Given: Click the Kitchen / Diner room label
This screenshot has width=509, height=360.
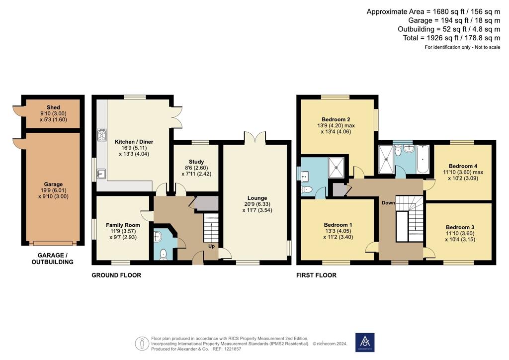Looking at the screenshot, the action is point(134,142).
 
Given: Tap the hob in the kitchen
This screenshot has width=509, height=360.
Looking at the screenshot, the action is point(101,135).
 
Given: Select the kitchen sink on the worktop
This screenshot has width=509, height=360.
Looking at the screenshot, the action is point(101,174).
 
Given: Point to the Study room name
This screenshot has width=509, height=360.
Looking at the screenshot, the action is point(196,162).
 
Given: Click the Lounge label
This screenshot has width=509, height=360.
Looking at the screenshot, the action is point(257,198).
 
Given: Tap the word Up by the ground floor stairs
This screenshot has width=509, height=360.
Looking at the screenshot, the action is point(211,246).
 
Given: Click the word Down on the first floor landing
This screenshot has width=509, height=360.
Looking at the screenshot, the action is point(388,203).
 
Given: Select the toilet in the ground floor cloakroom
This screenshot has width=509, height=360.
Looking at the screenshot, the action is point(163,254).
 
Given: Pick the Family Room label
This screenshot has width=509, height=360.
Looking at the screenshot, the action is point(123,225).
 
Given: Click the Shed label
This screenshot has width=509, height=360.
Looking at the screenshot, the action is point(53,107).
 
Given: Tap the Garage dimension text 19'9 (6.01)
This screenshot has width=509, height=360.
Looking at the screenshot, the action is point(53,190).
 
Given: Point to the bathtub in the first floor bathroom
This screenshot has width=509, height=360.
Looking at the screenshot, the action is point(423,159).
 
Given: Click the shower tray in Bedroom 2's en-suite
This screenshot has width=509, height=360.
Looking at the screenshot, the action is point(336,168).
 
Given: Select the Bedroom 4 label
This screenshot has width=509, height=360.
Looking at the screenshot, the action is point(463,166).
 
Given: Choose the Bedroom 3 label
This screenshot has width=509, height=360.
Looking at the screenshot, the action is point(460,228).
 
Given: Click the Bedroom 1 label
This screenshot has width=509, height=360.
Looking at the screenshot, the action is point(338,225).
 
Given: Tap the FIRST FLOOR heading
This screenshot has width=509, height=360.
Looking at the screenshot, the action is point(316,275).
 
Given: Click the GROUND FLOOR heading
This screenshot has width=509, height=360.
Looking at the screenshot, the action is point(116,275).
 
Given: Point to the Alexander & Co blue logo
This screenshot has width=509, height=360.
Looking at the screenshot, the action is point(365,343).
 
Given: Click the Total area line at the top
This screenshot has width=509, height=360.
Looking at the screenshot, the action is point(451,38).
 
